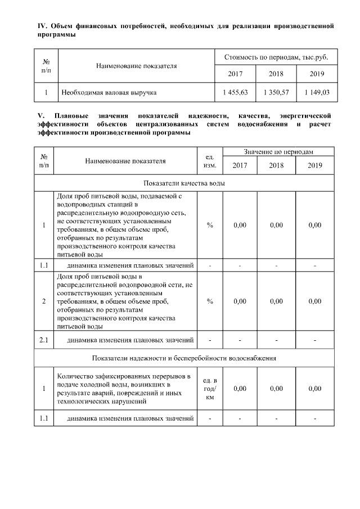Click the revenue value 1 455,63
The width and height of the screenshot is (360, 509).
click(x=235, y=92)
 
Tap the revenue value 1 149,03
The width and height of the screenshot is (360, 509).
click(x=317, y=92)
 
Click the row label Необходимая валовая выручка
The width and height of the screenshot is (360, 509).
click(x=109, y=92)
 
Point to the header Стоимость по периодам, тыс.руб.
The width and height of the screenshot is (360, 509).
click(x=276, y=57)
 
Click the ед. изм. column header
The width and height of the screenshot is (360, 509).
click(x=210, y=160)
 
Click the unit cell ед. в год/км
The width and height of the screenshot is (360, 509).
click(x=210, y=389)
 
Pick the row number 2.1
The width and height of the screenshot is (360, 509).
click(x=44, y=340)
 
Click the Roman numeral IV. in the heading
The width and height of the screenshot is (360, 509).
click(x=40, y=26)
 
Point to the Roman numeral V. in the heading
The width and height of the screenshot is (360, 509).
click(x=39, y=115)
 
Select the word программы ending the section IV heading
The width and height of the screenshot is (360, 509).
click(x=57, y=35)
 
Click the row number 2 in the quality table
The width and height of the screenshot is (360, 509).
click(x=44, y=301)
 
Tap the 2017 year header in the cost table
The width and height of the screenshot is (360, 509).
click(x=235, y=74)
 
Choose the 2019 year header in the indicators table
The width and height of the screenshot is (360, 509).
click(x=314, y=165)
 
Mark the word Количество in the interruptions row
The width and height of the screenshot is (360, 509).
click(x=76, y=376)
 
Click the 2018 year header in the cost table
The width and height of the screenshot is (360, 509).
click(x=276, y=74)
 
